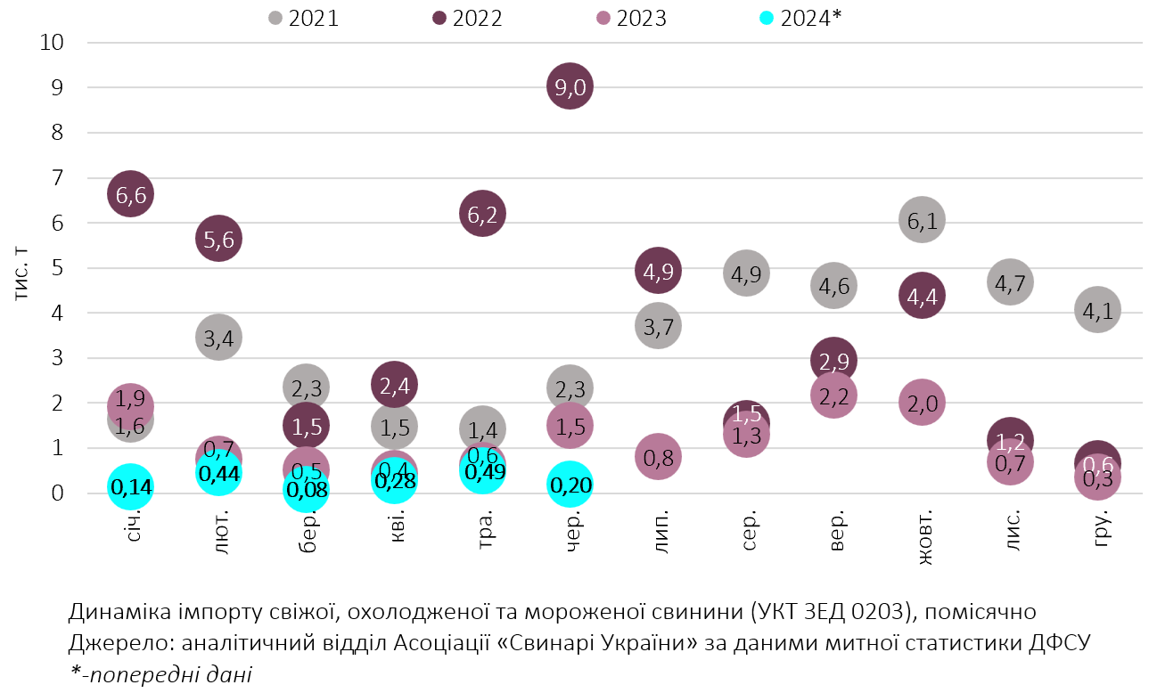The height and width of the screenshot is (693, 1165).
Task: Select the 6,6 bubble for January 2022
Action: point(130,193)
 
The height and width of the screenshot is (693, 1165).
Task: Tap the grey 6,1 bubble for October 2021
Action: point(922,220)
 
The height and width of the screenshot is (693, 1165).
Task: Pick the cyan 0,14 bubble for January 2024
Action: point(130,486)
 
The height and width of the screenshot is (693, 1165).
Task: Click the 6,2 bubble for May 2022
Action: point(482,213)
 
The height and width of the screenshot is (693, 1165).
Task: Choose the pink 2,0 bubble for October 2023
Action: point(922,403)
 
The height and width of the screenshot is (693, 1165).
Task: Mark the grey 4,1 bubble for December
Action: point(1097,310)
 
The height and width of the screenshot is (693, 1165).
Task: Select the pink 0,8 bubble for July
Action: point(658,457)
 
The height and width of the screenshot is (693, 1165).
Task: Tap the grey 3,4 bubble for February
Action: point(218,337)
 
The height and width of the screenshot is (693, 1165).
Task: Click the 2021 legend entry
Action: point(304,18)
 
